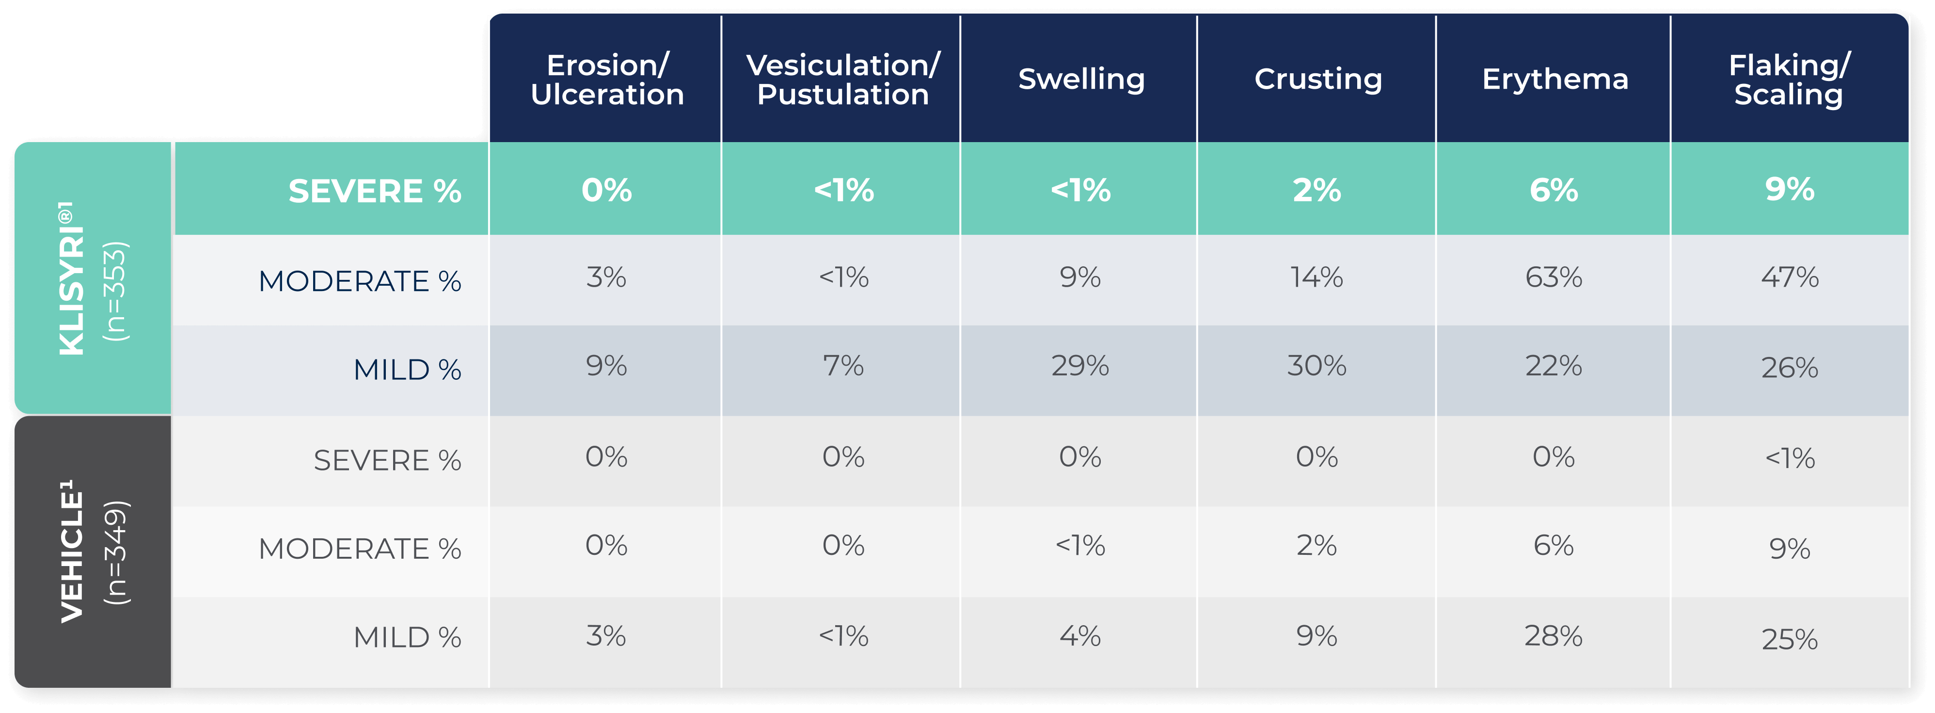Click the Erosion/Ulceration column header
(607, 80)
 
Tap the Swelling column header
(1081, 79)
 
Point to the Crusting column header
(1317, 79)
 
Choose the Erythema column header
(1554, 79)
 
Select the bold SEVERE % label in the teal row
(374, 191)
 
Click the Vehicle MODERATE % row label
(360, 549)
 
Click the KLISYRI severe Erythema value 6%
(1554, 190)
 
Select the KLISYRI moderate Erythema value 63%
(1554, 277)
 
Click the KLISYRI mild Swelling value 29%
(1079, 366)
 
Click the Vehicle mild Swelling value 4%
(1079, 636)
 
